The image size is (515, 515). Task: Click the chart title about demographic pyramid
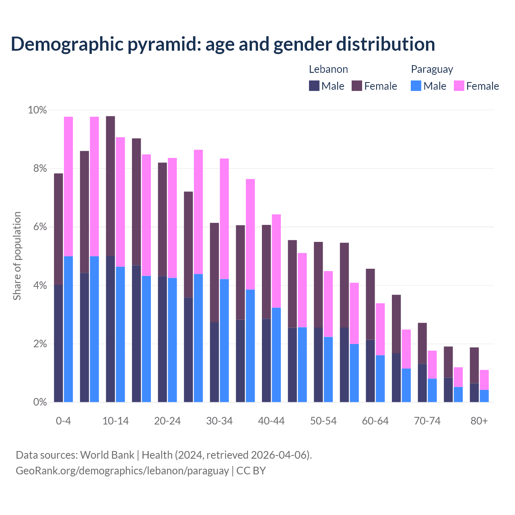click(x=222, y=44)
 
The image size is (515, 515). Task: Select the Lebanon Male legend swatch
click(x=314, y=86)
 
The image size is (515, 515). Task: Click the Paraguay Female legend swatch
click(x=459, y=86)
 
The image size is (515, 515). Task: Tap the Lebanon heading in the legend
click(x=328, y=69)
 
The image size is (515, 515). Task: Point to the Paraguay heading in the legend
click(x=432, y=69)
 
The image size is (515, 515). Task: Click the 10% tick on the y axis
click(x=37, y=110)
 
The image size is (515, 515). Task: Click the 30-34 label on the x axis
click(x=219, y=421)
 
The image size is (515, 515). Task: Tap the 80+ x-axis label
click(x=479, y=421)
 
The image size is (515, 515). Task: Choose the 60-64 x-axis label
click(x=375, y=421)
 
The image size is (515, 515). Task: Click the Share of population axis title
click(x=17, y=256)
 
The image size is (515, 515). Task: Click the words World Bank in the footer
click(x=107, y=455)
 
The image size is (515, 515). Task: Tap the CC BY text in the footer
click(x=251, y=471)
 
